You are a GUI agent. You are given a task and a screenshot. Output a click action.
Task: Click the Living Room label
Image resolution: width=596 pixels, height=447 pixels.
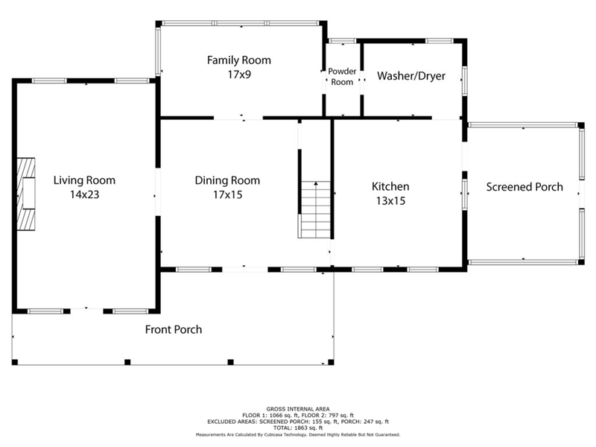tap(84, 180)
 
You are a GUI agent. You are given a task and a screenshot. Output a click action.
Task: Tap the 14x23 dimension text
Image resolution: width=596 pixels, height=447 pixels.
tap(84, 194)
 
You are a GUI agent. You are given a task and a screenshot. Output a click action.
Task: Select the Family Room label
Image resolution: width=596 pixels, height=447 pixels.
tap(239, 60)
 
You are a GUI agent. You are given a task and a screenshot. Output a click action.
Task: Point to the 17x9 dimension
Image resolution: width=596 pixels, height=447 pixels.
tap(239, 74)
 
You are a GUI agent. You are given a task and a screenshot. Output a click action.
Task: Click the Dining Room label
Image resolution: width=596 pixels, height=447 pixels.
tap(227, 180)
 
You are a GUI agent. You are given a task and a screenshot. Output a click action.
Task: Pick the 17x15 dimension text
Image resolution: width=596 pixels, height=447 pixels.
tap(228, 194)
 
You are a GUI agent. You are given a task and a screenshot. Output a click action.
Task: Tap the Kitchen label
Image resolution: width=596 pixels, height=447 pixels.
tap(390, 187)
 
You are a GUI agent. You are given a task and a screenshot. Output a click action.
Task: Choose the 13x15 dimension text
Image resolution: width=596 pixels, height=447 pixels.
tap(390, 200)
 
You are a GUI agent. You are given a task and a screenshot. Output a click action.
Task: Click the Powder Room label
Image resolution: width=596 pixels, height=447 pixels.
tap(342, 77)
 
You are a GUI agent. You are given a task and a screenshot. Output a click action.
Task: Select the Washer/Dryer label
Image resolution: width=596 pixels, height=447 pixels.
tap(411, 76)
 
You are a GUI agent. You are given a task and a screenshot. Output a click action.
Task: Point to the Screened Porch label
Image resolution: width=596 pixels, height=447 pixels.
tap(524, 187)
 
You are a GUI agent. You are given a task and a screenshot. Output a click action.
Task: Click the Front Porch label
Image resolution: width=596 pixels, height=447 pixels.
tap(174, 329)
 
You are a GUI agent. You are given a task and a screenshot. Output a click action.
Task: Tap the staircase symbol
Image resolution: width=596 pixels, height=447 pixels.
tap(314, 210)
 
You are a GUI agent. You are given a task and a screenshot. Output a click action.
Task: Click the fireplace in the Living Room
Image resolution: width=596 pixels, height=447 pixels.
tap(26, 194)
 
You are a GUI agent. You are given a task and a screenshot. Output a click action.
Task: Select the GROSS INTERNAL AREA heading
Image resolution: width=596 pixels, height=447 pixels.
tap(298, 409)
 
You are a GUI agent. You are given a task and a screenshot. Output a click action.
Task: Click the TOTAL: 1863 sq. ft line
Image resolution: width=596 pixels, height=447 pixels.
tap(298, 428)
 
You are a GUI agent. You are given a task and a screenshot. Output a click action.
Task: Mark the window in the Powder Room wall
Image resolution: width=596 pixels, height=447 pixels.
tap(342, 41)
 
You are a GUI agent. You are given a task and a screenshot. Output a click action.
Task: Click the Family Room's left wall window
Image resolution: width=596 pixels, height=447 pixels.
tap(158, 51)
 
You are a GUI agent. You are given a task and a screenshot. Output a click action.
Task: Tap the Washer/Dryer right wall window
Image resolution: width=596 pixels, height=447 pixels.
tap(464, 81)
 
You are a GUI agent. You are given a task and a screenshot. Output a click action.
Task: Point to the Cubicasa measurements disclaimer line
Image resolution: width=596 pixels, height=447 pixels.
tap(298, 434)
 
